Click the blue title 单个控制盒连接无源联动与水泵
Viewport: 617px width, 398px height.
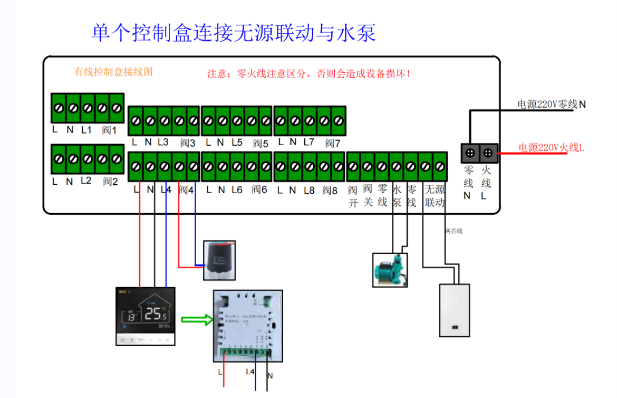234,33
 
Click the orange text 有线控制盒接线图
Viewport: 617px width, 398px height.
113,72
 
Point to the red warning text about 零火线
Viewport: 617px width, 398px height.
309,74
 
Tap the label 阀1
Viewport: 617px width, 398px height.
109,130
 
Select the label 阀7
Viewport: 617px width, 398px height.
333,143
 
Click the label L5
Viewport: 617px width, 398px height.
237,143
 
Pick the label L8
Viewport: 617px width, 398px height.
309,190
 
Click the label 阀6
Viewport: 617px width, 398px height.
259,189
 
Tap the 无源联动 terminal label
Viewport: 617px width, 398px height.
435,196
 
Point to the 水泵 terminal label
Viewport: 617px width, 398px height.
397,196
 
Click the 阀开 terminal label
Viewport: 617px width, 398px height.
353,196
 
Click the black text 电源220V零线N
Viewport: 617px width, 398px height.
552,105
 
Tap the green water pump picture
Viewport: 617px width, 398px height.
390,270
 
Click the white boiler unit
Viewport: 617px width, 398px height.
455,310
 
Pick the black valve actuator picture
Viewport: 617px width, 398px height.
219,260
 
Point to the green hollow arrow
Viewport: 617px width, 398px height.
196,319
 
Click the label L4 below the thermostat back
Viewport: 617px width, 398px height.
250,372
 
